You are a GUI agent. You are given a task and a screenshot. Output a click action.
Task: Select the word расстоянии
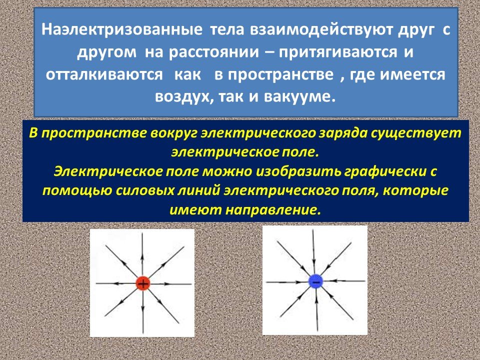click(x=216, y=51)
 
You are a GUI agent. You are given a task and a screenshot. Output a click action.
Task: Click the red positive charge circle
click(x=143, y=283)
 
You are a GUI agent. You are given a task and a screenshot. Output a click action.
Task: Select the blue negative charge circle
click(x=315, y=281)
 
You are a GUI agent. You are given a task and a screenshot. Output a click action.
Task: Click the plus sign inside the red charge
click(x=143, y=283)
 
